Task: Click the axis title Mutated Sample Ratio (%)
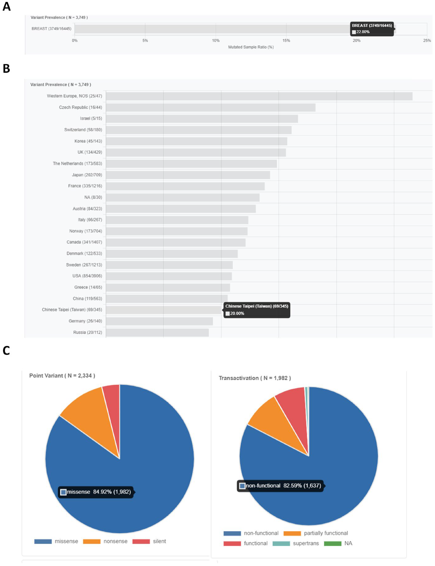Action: click(251, 47)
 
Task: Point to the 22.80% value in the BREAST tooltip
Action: click(363, 32)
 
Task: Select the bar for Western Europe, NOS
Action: click(259, 96)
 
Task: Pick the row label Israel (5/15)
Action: click(91, 118)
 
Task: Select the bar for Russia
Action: click(157, 332)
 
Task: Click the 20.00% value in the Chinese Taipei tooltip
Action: click(237, 313)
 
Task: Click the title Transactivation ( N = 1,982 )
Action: click(255, 378)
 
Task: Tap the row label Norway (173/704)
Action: click(85, 231)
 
